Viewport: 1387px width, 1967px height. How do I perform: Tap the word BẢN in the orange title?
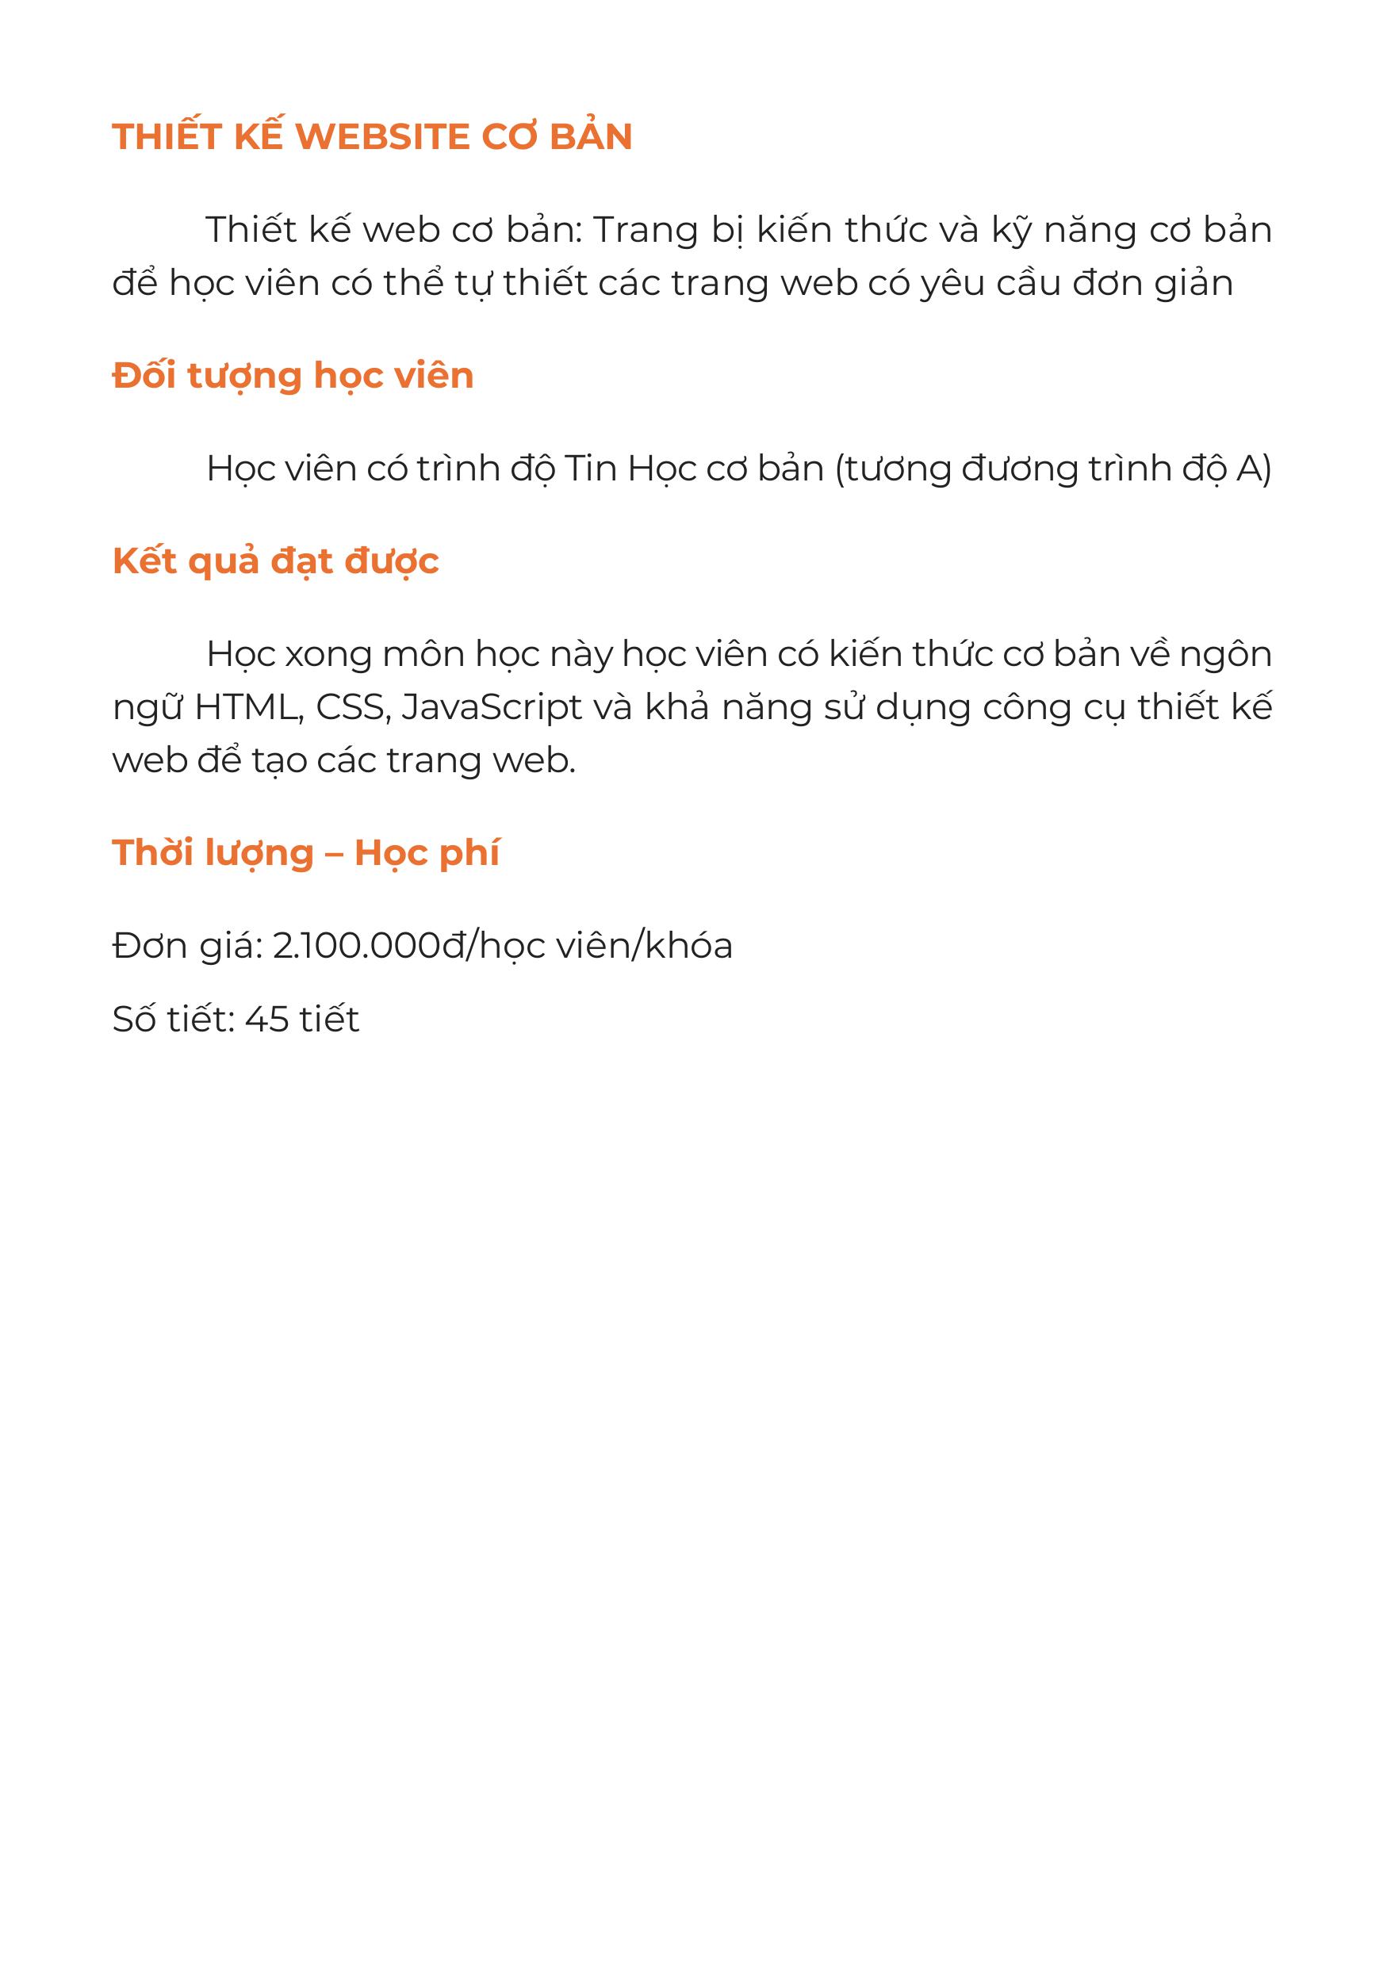tap(590, 136)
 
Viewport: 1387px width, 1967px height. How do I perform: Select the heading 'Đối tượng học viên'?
tap(293, 377)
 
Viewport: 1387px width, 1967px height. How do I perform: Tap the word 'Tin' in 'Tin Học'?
tap(590, 469)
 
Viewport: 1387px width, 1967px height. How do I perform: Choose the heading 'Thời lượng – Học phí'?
tap(306, 854)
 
